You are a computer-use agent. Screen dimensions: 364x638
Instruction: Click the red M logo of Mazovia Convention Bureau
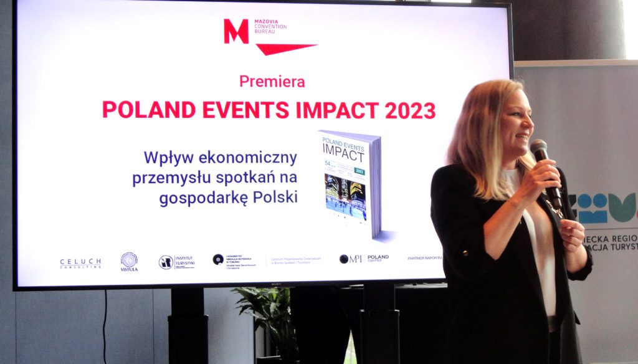point(236,31)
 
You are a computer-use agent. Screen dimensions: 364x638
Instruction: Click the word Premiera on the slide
point(272,81)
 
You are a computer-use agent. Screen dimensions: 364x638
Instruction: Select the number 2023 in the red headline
point(410,110)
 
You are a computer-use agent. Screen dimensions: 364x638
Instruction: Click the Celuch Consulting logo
point(80,263)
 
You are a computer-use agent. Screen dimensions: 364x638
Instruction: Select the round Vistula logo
point(129,261)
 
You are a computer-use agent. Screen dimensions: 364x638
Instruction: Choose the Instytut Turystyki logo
point(177,262)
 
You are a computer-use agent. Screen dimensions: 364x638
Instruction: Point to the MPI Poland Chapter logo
point(364,259)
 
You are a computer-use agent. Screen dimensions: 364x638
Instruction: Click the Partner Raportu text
point(424,257)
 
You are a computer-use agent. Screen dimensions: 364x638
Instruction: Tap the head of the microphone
point(538,150)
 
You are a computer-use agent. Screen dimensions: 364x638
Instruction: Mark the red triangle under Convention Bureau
point(287,49)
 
